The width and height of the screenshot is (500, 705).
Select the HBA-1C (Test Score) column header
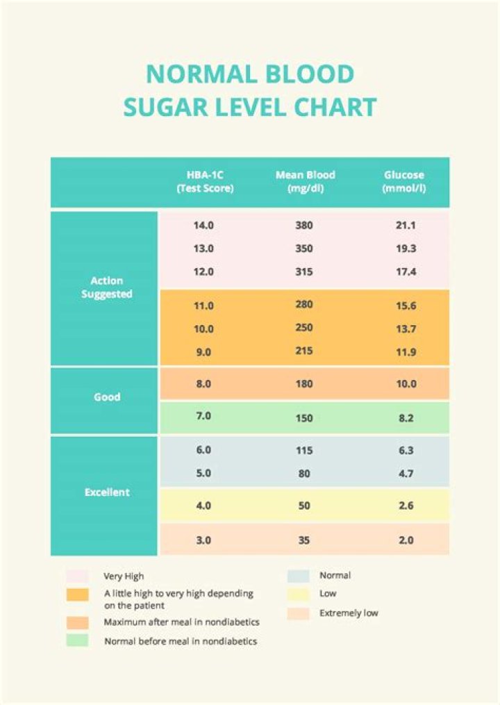[x=204, y=182]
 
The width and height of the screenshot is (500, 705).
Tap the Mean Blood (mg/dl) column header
[x=304, y=182]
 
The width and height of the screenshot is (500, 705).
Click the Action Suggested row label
[x=106, y=288]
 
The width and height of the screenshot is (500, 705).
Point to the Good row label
[x=106, y=397]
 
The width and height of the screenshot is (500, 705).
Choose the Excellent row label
[x=106, y=492]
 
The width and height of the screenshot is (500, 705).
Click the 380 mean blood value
[x=304, y=225]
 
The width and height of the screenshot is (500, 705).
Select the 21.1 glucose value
[x=405, y=225]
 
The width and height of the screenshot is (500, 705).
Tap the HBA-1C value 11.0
[x=204, y=305]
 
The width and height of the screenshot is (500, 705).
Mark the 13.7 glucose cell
[x=405, y=328]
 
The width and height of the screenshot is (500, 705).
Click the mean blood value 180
[x=304, y=384]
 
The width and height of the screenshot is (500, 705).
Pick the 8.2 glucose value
[x=405, y=418]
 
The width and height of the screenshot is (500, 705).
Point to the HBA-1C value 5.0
[x=204, y=474]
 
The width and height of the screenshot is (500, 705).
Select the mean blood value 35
[x=304, y=540]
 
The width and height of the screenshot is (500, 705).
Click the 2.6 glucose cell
[x=405, y=506]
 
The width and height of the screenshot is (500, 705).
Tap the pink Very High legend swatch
[x=77, y=577]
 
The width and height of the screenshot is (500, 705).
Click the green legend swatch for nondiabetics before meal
[x=77, y=641]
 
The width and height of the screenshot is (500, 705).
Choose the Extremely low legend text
[x=349, y=613]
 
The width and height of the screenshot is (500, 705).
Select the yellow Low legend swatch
[x=298, y=595]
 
